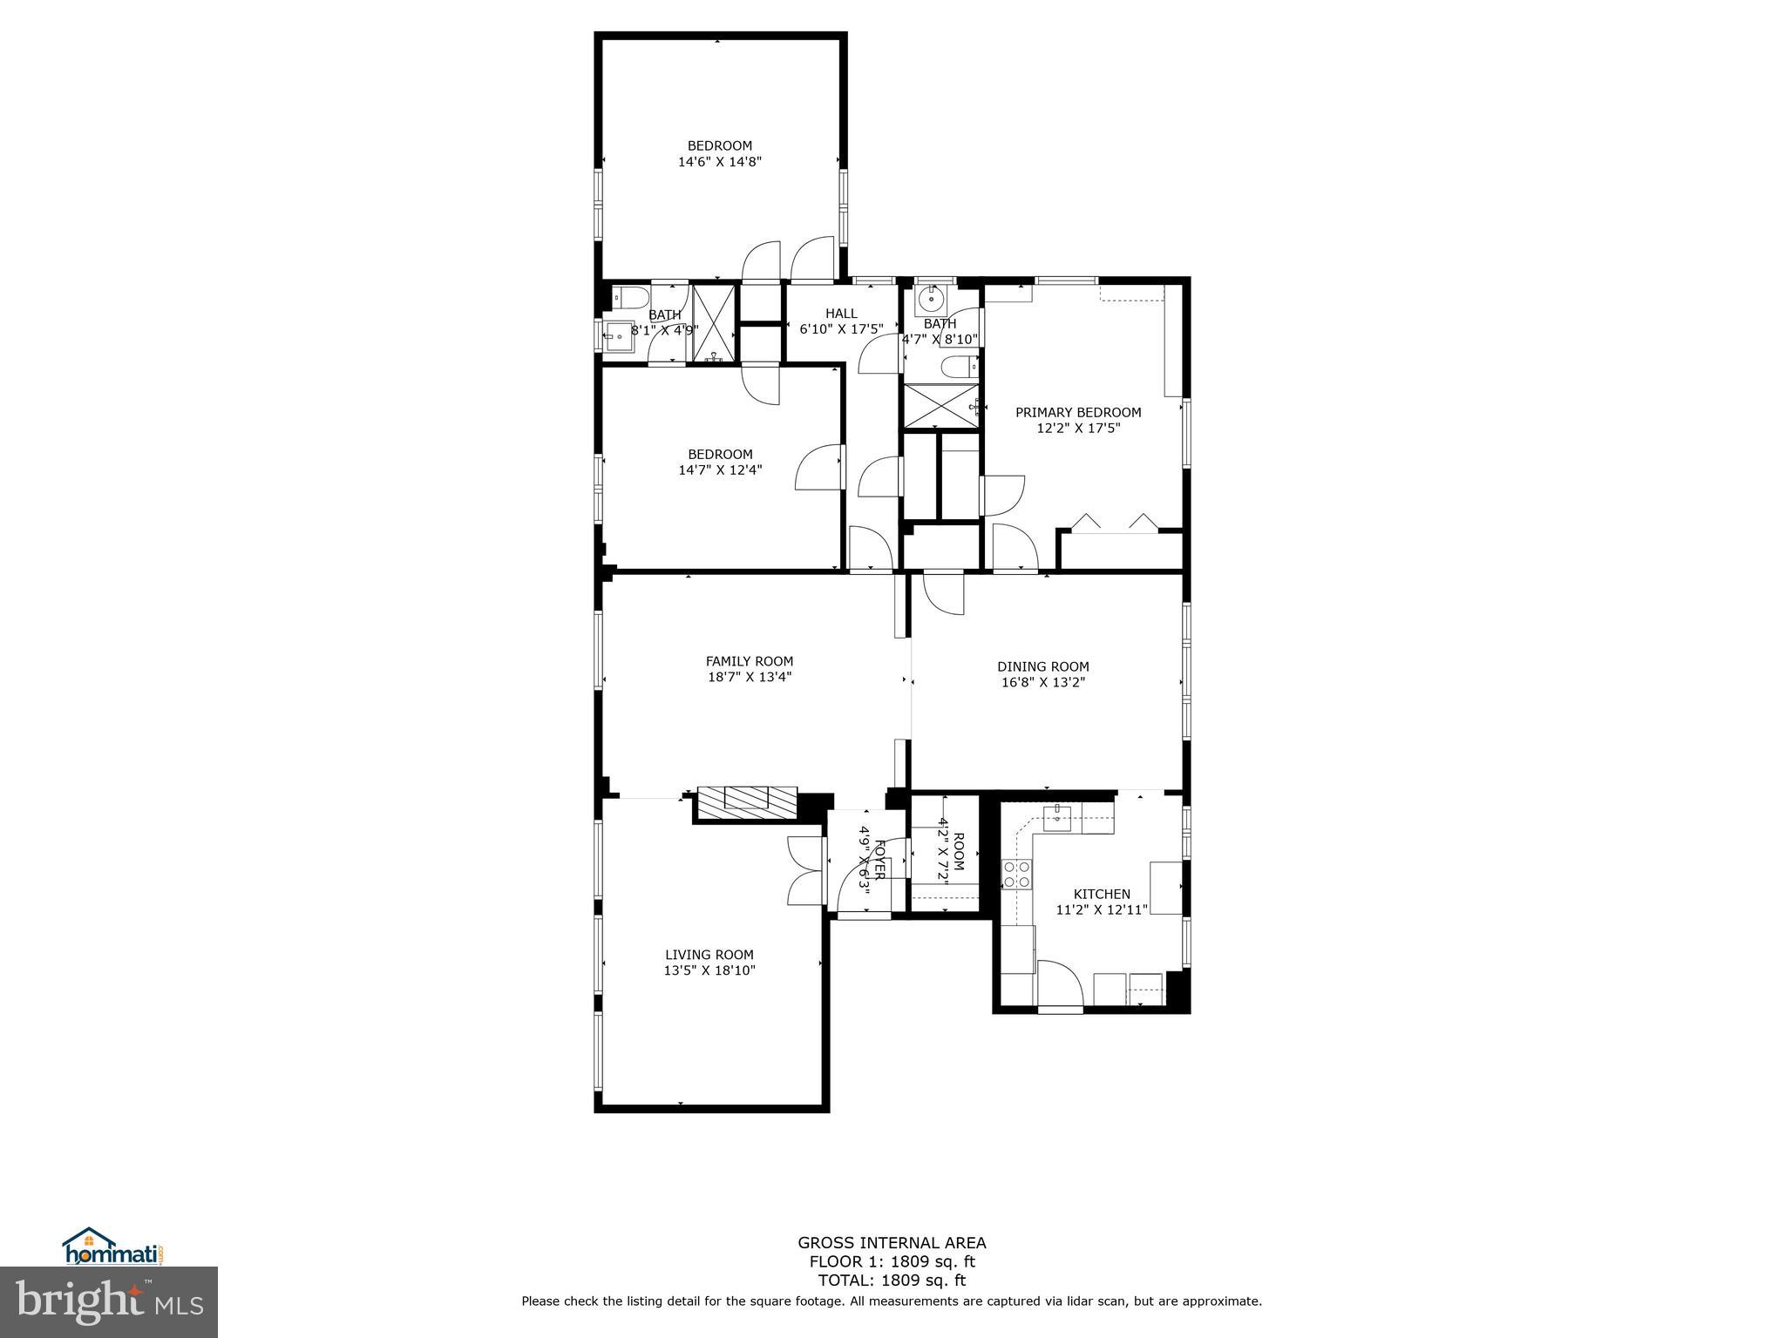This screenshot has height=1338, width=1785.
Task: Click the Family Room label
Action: pos(750,661)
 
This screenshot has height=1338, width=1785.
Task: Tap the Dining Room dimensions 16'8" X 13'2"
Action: pos(1043,682)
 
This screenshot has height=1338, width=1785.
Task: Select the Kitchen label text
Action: pos(1102,894)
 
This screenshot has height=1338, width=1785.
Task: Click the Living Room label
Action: pos(709,955)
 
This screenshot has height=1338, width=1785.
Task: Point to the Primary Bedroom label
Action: pos(1078,412)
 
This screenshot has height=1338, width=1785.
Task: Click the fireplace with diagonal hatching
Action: pos(747,800)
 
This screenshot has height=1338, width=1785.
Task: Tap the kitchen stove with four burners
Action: pos(1017,874)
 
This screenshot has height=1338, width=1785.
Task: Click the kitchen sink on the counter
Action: pos(1057,817)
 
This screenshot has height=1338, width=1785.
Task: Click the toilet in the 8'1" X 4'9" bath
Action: pos(629,298)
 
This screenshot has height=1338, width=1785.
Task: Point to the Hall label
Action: pos(841,314)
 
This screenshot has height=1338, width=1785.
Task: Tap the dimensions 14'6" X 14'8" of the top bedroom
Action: pos(720,161)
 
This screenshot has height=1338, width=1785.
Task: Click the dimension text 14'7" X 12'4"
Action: pos(720,470)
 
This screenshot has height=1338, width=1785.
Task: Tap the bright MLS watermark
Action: pos(109,1300)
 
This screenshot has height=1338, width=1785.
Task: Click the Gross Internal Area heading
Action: pos(892,1243)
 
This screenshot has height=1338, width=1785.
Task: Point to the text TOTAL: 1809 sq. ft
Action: pos(892,1281)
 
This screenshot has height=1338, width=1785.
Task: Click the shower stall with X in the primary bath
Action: pos(940,405)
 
